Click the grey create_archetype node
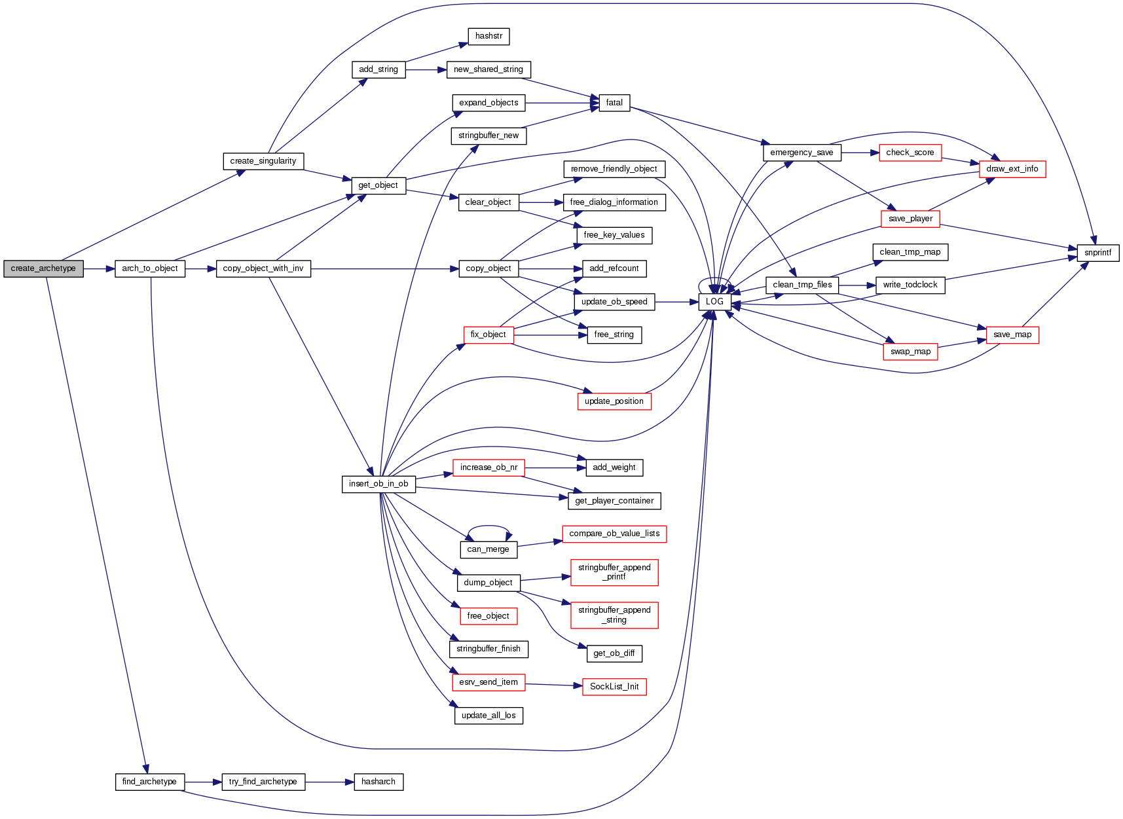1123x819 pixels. tap(43, 268)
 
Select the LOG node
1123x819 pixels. tap(714, 302)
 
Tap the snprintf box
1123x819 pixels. tap(1097, 253)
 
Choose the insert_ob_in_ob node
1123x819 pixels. tap(378, 484)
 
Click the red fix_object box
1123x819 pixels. tap(488, 335)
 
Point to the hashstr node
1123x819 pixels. tap(488, 36)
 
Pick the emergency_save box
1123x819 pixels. tap(801, 153)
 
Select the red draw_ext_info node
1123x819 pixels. tap(1012, 169)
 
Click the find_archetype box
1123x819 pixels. tap(149, 782)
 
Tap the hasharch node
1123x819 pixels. tap(378, 782)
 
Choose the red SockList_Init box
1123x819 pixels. tap(614, 687)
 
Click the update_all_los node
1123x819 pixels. tap(488, 716)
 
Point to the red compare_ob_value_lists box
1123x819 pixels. tap(614, 534)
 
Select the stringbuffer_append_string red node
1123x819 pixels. tap(614, 615)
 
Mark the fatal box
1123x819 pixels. tap(614, 103)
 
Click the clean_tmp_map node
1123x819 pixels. tap(910, 252)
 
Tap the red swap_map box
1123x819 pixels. tap(910, 352)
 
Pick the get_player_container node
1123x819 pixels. tap(614, 501)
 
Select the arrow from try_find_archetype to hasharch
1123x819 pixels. tap(329, 782)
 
